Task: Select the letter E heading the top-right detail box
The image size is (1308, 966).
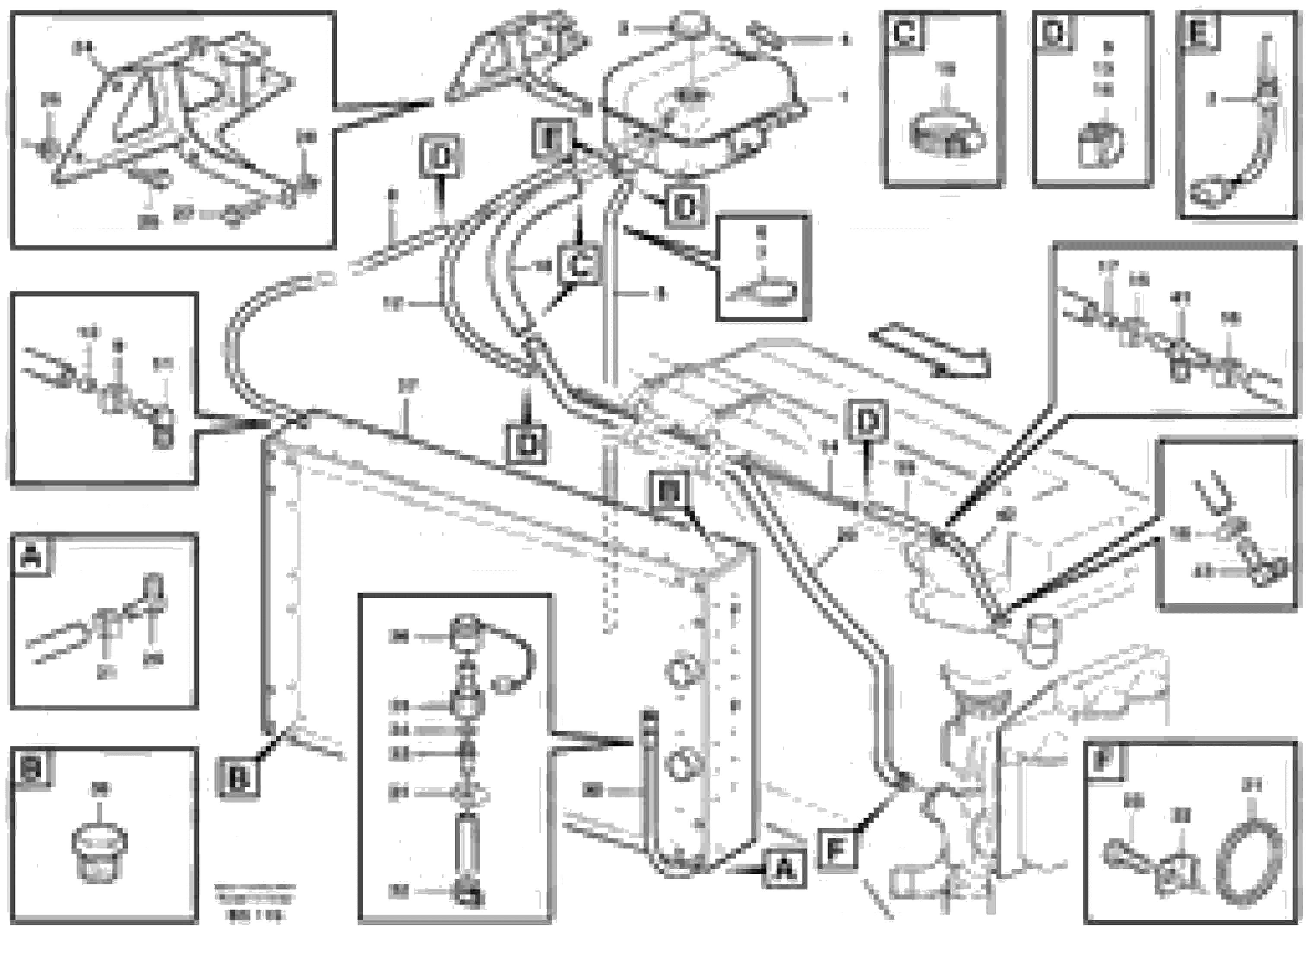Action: (1199, 31)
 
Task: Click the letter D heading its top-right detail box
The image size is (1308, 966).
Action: (1054, 31)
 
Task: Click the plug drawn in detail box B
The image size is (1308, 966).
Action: (99, 853)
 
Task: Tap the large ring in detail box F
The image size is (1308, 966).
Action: (1250, 862)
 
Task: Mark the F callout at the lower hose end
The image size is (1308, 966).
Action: (837, 850)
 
